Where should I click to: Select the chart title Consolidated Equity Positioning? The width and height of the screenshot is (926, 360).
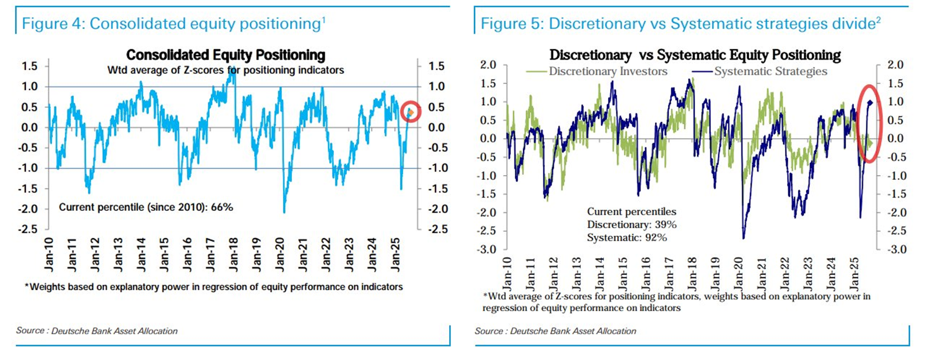pos(225,55)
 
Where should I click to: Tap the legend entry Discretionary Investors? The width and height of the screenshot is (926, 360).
pos(608,72)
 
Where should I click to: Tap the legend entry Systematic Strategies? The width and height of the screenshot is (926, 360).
pos(770,72)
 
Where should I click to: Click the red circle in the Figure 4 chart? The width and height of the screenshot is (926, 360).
pos(410,112)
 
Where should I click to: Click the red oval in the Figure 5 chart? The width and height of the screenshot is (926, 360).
pos(869,123)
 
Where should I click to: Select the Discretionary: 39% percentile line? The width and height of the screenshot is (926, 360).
pos(631,225)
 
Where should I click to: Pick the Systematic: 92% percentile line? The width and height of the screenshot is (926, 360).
pos(627,237)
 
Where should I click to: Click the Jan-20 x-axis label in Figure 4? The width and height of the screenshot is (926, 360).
pos(280,254)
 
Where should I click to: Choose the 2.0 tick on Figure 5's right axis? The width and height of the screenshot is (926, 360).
pos(895,65)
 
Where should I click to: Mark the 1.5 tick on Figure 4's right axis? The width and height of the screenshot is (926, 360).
pos(436,66)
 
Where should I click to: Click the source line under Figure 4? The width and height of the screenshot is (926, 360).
pos(97,331)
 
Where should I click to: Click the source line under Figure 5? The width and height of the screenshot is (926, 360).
pos(555,331)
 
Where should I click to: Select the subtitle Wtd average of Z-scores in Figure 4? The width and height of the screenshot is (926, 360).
pos(225,70)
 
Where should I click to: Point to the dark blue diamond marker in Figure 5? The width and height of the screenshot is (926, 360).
pos(870,102)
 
